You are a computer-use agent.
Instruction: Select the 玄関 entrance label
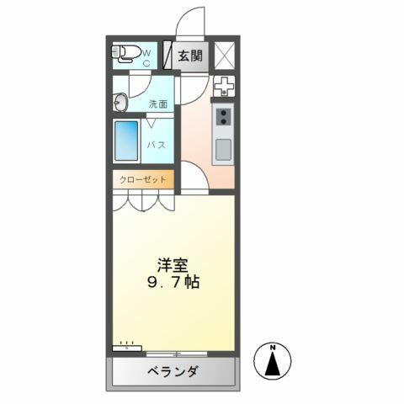tap(190, 56)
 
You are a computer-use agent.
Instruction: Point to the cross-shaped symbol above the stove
tap(223, 87)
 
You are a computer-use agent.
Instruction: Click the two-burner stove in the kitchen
tap(223, 117)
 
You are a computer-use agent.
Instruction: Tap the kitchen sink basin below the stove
tap(223, 150)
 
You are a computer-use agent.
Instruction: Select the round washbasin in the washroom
tap(119, 103)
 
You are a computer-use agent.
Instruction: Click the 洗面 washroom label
tap(157, 104)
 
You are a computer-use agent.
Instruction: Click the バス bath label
tap(156, 145)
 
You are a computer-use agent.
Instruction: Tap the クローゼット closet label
tap(141, 178)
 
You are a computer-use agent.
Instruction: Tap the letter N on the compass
tap(274, 348)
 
